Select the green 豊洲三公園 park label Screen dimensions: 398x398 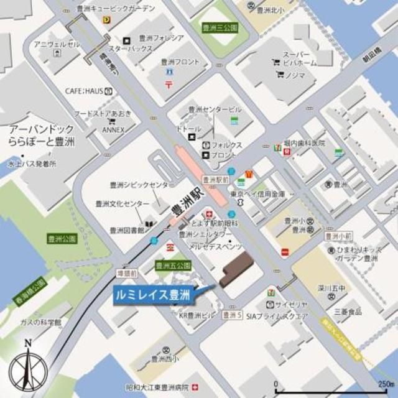(220, 28)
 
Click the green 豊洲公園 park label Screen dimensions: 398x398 (61, 238)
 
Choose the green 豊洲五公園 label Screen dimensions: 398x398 (172, 265)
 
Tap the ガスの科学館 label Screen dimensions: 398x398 (41, 322)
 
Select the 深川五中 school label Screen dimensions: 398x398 (346, 288)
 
